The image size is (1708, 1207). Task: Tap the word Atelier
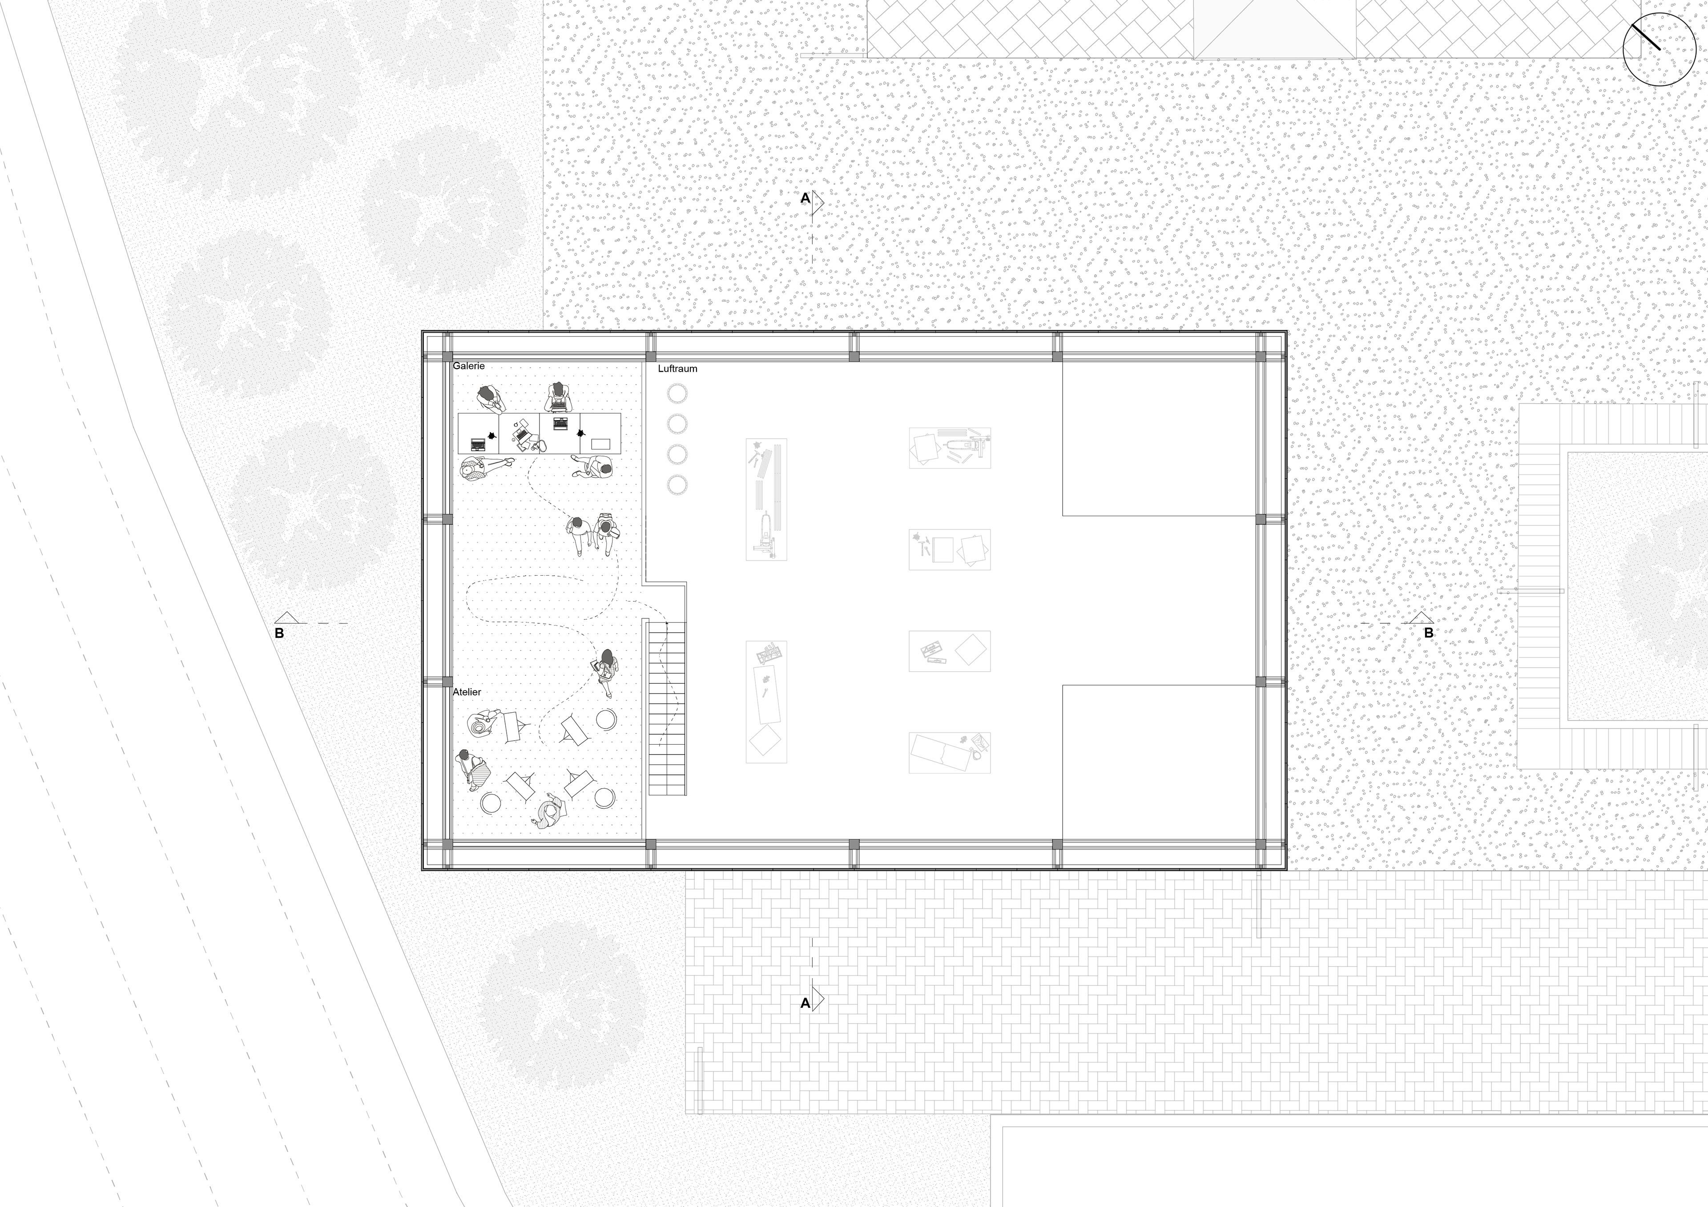coord(467,692)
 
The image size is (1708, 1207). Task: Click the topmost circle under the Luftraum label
coord(677,393)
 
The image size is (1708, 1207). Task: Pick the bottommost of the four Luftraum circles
coord(677,485)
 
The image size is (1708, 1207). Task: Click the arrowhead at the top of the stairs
coord(667,623)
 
